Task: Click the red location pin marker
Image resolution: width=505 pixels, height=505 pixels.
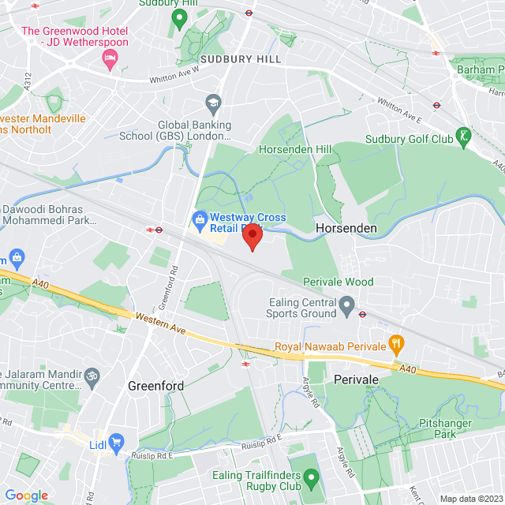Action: point(252,238)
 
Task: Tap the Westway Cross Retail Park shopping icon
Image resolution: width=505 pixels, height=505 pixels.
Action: point(200,217)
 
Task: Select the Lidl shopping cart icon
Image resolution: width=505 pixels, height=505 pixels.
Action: point(118,443)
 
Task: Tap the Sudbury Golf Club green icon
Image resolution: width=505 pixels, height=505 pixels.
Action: point(466,138)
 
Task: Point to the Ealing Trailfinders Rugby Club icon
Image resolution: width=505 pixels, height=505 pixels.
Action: point(312,477)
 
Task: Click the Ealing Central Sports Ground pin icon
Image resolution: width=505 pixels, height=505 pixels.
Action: point(346,304)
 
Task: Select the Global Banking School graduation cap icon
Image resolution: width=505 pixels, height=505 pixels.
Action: point(212,103)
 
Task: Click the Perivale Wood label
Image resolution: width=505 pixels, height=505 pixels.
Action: point(338,282)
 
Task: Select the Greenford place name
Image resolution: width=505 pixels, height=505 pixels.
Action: point(155,386)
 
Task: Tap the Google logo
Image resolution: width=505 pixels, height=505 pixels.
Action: point(26,496)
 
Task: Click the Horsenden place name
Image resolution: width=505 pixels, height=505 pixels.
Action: point(346,228)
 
